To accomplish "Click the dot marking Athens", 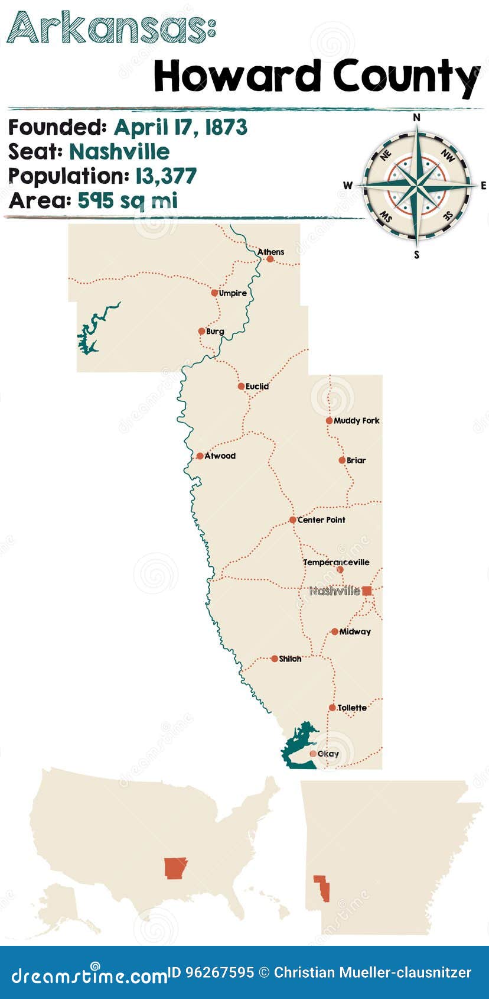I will tap(270, 259).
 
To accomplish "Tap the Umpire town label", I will tap(233, 293).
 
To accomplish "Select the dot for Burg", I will tap(201, 331).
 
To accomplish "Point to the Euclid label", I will tap(257, 386).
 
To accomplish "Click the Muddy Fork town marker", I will tap(329, 421).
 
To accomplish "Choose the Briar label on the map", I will tap(356, 460).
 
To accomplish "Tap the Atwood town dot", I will tap(200, 456).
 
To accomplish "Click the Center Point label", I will tap(321, 520).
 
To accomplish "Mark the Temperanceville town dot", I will tap(340, 570).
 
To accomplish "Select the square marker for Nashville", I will tap(367, 591).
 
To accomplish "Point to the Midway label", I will tap(355, 631).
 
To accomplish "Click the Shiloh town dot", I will tap(274, 659).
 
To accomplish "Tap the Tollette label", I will tap(352, 708).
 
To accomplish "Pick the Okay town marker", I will tap(312, 754).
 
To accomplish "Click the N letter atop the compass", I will tap(416, 118).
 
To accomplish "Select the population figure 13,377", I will tap(165, 176).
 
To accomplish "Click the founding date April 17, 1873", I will tap(180, 127).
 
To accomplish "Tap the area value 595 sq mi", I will tap(128, 200).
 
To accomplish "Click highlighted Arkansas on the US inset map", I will tap(175, 868).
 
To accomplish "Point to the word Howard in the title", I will tap(238, 77).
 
